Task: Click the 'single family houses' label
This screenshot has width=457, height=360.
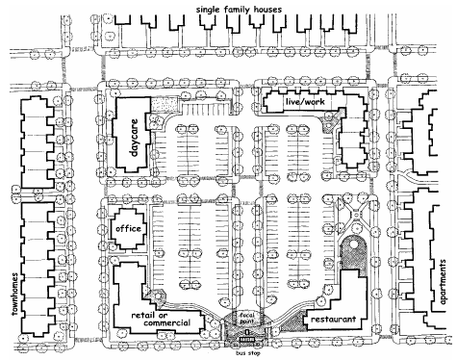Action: (239, 10)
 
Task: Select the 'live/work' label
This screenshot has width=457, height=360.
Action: (305, 102)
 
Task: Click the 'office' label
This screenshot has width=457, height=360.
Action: (128, 228)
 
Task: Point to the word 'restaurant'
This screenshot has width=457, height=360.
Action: (333, 320)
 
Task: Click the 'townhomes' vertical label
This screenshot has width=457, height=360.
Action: (15, 294)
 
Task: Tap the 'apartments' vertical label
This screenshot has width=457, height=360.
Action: (443, 282)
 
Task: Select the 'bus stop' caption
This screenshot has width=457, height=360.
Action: (248, 353)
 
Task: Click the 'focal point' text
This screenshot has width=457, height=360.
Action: (247, 318)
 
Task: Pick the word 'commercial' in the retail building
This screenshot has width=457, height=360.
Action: (166, 322)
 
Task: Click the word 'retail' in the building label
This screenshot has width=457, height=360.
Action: (140, 315)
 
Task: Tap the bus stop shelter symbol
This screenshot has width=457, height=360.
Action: (247, 340)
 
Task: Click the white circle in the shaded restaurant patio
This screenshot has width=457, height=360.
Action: (353, 244)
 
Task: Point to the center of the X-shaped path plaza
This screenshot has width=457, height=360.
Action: (355, 214)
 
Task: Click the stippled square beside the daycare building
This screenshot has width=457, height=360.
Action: (164, 104)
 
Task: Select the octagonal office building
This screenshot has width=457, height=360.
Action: (128, 228)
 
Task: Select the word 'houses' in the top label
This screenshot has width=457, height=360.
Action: (268, 10)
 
